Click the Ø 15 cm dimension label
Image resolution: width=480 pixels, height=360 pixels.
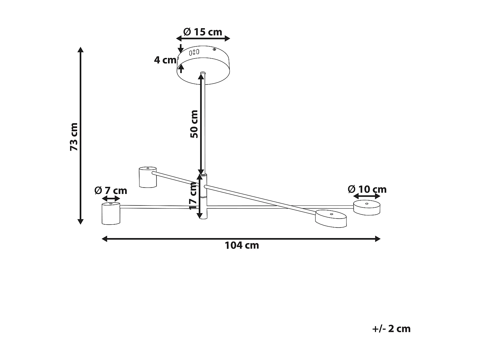tap(203, 32)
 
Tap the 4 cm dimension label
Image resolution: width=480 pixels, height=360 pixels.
tap(165, 60)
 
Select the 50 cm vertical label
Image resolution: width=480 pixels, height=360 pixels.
tap(194, 124)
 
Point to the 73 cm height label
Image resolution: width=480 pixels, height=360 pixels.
tap(74, 137)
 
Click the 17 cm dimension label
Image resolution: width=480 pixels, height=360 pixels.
tap(193, 196)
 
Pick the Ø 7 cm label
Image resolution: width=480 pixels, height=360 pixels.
tap(111, 191)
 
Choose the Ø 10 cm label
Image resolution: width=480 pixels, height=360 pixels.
tap(367, 189)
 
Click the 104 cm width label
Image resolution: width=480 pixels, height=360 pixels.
tap(242, 245)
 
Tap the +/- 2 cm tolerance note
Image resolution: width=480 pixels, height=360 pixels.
tap(391, 329)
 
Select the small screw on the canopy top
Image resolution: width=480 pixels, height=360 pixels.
tap(214, 49)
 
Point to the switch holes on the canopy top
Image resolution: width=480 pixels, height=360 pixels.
tap(194, 52)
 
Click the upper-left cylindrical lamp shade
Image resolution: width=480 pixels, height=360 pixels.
tap(148, 177)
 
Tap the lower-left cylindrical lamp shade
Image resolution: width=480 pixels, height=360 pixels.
tap(111, 213)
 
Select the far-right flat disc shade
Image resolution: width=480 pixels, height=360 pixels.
tap(367, 208)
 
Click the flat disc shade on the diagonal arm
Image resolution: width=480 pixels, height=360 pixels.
tap(331, 219)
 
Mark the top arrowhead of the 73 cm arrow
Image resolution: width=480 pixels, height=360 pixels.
tap(81, 50)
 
